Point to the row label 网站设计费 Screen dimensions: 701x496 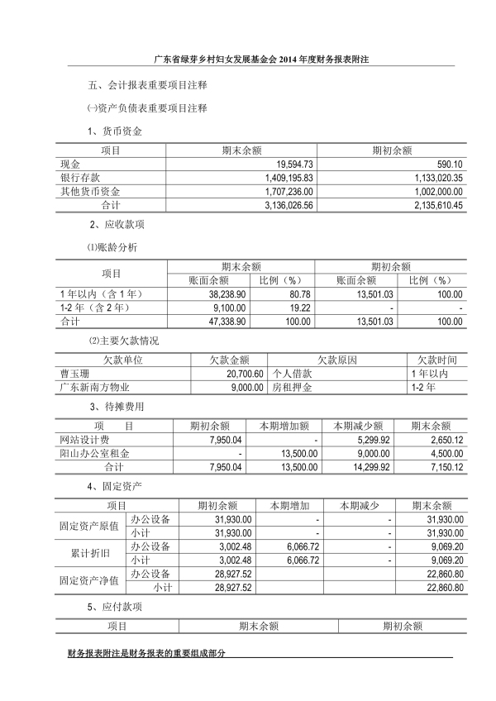point(82,440)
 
